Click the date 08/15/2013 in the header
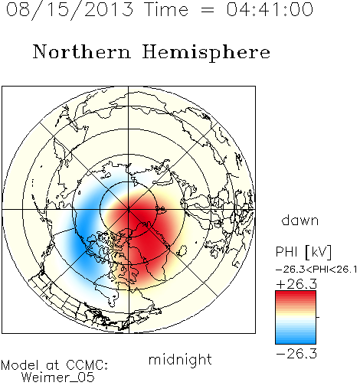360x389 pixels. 70,10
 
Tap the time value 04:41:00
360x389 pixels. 270,9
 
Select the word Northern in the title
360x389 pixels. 82,51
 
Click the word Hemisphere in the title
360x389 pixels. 206,53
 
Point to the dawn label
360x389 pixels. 300,220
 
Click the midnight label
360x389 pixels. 180,360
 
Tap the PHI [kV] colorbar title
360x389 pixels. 303,252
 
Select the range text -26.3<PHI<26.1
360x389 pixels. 316,270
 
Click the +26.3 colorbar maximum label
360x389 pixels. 296,284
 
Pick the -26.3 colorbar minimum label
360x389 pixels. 296,354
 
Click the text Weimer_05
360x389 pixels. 58,378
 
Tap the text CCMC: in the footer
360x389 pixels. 87,365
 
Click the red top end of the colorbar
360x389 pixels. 296,293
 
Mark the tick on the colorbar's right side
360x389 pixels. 318,317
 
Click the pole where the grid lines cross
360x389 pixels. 129,210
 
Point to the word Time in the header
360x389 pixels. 166,10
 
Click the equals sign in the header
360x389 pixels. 207,10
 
